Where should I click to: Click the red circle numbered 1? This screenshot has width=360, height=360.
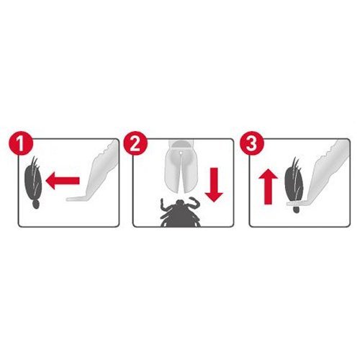point(21,143)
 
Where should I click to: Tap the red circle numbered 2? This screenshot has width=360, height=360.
point(135,143)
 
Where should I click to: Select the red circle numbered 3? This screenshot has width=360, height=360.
point(252,143)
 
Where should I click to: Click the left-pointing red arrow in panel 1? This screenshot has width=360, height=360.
point(63,181)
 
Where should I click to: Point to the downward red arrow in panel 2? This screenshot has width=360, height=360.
point(214,184)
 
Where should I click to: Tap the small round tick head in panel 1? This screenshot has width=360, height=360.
point(36,204)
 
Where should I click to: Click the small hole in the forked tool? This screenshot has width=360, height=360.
point(181,153)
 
